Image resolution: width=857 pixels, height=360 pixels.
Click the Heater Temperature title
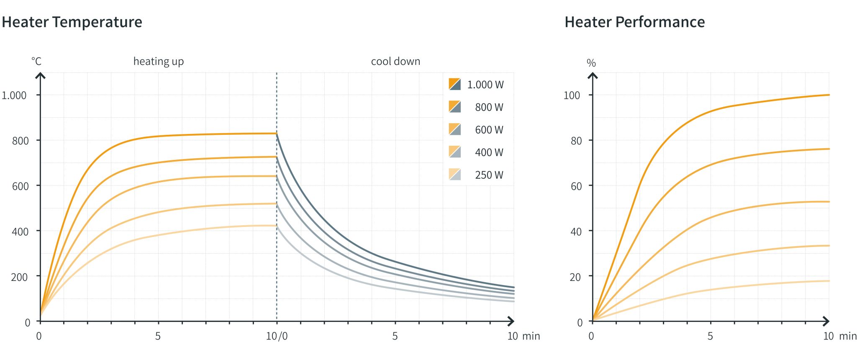pos(72,22)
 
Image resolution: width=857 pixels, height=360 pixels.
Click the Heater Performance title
pos(634,22)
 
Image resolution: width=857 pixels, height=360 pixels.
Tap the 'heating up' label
pos(158,62)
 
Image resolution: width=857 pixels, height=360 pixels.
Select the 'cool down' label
pos(395,62)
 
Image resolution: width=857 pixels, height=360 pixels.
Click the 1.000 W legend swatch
pos(454,84)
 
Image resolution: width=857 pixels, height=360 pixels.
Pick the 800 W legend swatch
pos(454,107)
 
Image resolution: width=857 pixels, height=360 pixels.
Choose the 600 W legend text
pos(489,130)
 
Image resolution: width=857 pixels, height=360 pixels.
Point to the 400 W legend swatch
pos(454,152)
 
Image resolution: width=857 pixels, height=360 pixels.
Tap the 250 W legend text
pos(489,175)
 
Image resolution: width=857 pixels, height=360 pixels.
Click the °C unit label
pos(36,62)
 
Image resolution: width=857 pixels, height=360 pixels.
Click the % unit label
pos(591,63)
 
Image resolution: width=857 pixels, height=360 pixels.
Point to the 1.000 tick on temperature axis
pos(14,95)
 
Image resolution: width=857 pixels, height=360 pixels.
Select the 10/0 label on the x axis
pos(277,336)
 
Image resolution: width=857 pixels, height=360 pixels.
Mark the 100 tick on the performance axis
pos(572,95)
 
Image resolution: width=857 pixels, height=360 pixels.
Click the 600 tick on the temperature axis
pos(20,186)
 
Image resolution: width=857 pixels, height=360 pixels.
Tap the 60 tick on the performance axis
pos(576,186)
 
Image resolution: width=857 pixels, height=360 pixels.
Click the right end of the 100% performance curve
pos(829,95)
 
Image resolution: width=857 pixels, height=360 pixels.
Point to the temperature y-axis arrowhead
pos(40,76)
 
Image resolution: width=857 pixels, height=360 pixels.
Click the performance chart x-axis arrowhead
pos(826,321)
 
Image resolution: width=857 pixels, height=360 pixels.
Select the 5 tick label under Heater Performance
pos(710,336)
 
